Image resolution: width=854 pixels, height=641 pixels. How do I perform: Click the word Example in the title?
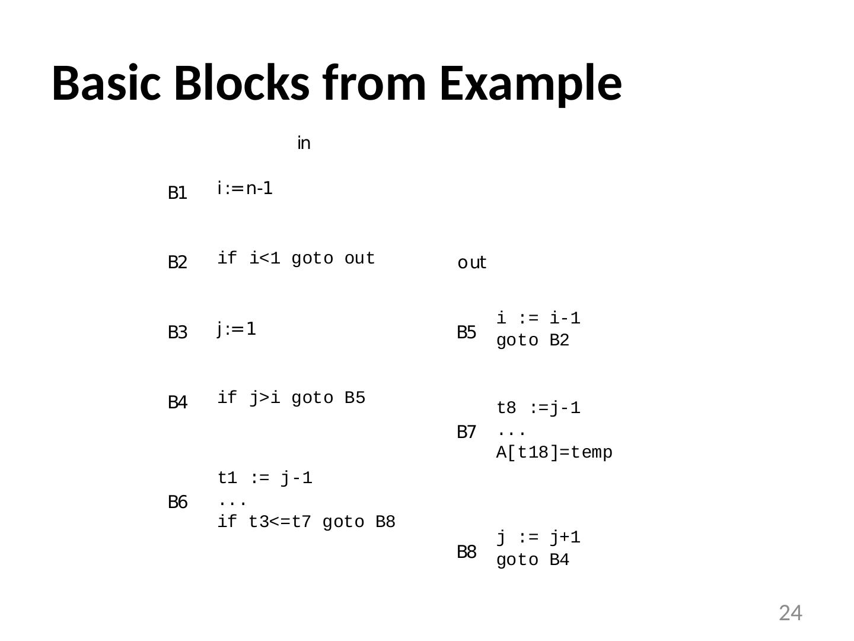tap(531, 83)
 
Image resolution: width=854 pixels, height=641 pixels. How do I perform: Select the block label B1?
tap(177, 193)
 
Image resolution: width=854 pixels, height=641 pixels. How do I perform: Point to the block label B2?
tap(177, 262)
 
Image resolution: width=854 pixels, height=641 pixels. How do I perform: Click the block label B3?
tap(177, 332)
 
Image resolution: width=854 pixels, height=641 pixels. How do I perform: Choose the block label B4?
tap(177, 402)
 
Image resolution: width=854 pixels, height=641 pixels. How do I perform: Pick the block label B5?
tap(467, 332)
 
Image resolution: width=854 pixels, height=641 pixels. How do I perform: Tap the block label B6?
tap(177, 502)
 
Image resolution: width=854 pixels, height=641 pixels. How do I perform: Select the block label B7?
tap(467, 432)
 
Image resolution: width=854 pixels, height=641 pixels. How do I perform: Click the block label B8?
tap(467, 552)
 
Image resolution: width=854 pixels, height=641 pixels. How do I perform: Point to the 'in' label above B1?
tap(304, 143)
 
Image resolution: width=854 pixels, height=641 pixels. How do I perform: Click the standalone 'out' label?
tap(472, 262)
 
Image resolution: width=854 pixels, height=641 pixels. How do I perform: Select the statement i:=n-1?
tap(245, 189)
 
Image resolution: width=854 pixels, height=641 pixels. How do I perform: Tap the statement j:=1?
tap(237, 329)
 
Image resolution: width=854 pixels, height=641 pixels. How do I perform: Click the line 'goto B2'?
tap(533, 341)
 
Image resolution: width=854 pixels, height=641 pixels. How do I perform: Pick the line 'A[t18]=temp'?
tap(554, 452)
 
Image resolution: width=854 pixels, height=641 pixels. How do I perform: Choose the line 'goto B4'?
tap(533, 560)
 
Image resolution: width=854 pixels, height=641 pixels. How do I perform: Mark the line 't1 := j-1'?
tap(265, 478)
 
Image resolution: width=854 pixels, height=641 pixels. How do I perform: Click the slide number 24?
tap(790, 613)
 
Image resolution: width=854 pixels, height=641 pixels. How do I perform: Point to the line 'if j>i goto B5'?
tap(291, 398)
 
